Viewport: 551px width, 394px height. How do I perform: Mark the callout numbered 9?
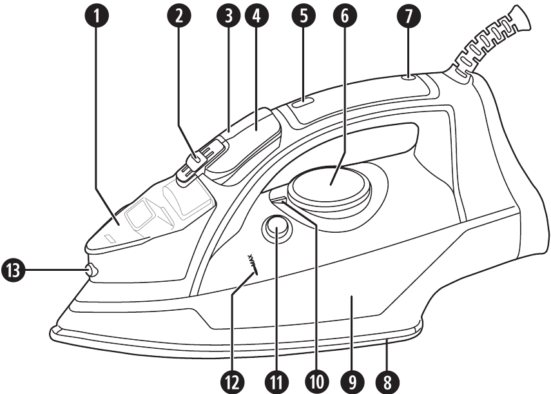(x=351, y=380)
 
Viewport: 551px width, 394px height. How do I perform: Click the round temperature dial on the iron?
(x=330, y=184)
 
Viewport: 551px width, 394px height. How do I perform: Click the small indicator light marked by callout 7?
(x=408, y=79)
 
